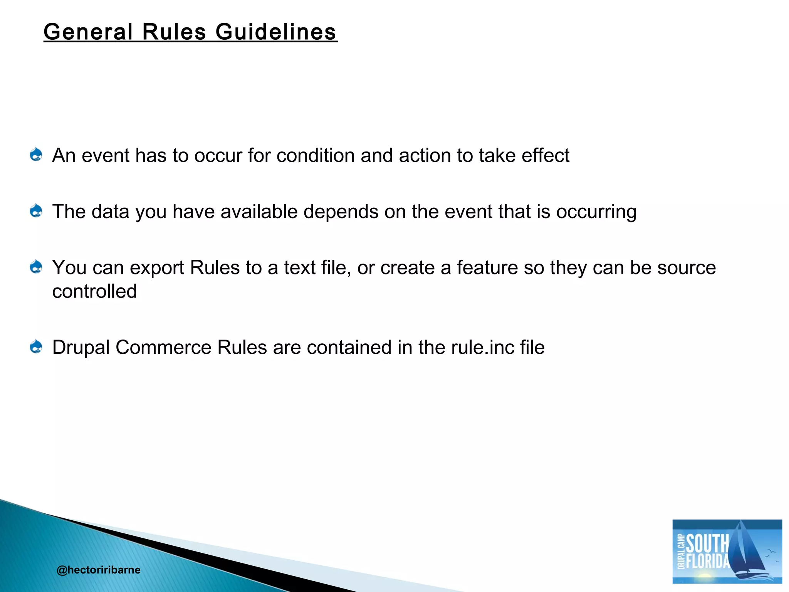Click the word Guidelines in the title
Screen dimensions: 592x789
click(276, 32)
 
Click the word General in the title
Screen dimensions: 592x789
click(88, 32)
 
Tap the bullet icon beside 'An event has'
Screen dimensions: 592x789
click(36, 155)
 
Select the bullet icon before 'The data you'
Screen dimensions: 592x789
click(36, 211)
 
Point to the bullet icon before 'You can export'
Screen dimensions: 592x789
click(36, 267)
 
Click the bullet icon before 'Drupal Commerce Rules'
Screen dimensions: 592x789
click(36, 346)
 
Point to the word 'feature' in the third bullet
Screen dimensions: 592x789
click(487, 267)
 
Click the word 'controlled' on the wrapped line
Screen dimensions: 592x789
click(94, 291)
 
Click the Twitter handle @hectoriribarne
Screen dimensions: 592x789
click(98, 570)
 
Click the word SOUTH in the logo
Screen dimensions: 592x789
click(707, 544)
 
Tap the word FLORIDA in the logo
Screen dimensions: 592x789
click(708, 561)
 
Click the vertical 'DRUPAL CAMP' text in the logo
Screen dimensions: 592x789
click(681, 551)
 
